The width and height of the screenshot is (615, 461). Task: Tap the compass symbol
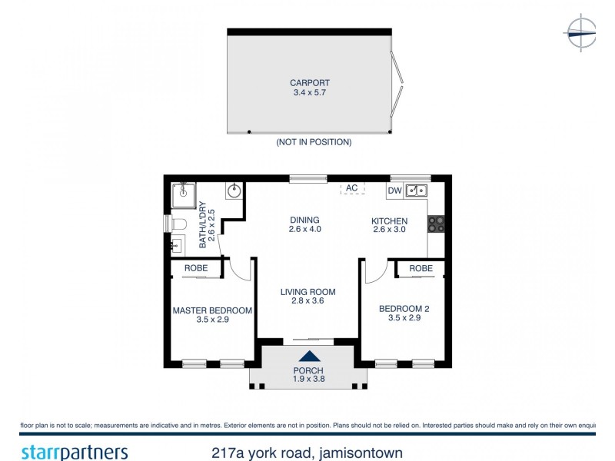point(581,33)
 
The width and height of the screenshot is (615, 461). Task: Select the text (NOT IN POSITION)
point(313,142)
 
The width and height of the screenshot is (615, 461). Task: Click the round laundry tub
point(234,191)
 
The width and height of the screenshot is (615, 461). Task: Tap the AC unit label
point(352,188)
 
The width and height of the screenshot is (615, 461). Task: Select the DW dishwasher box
point(394,191)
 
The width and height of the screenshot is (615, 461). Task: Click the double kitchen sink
point(416,190)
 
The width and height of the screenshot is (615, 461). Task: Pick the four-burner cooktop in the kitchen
point(436,223)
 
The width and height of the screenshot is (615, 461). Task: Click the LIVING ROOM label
point(307,292)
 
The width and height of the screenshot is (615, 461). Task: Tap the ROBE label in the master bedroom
point(196,268)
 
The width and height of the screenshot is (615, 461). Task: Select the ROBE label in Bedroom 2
point(421,268)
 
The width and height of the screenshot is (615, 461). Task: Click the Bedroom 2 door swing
point(375,270)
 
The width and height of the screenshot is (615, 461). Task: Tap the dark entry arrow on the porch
point(309,356)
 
